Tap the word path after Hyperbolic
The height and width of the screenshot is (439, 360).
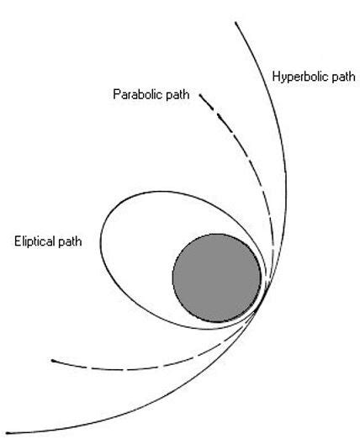coord(337,77)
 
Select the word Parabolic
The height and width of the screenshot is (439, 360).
coord(136,93)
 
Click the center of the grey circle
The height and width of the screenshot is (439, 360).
coord(216,278)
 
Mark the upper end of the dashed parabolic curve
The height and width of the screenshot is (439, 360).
coord(200,98)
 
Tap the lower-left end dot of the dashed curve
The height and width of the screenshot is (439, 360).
coord(53,361)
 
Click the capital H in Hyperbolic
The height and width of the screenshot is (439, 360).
coord(277,77)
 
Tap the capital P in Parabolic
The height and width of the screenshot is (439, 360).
coord(116,93)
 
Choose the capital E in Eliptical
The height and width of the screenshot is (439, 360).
coord(17,241)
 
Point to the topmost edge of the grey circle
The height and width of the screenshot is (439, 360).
coord(216,234)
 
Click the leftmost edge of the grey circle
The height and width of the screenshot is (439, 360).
coord(172,278)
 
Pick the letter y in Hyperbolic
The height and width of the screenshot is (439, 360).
coord(283,78)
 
